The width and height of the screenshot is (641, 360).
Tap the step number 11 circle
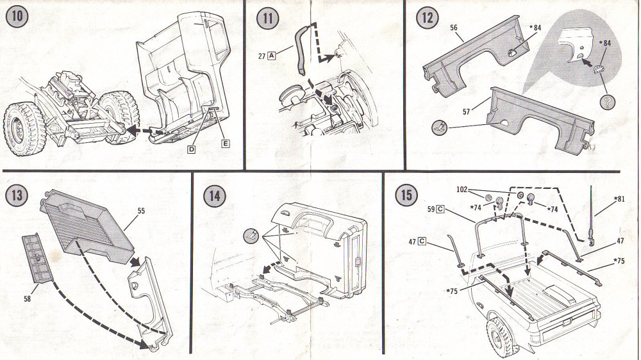tap(268, 18)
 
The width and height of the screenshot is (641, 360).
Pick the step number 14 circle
tap(214, 195)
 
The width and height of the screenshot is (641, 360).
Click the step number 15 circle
tap(406, 195)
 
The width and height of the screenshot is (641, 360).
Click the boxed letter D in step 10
tap(191, 149)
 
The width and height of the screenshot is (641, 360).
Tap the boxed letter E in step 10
tap(225, 144)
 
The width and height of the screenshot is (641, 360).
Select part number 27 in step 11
tap(262, 56)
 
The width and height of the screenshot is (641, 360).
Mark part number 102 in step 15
tap(463, 190)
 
